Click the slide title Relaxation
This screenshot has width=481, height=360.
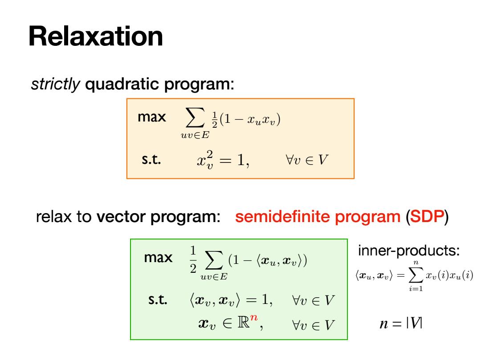tap(95, 36)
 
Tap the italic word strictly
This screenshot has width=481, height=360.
tap(55, 84)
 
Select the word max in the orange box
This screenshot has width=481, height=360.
tap(151, 117)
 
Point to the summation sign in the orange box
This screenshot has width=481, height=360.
tap(195, 117)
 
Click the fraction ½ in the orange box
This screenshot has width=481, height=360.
tap(214, 120)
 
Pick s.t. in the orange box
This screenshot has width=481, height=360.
tap(151, 160)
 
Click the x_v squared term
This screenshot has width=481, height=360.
tap(205, 160)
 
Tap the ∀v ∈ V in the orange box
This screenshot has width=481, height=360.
tap(307, 160)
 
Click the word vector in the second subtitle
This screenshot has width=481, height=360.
tap(121, 217)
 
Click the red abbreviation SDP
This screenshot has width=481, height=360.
tap(427, 217)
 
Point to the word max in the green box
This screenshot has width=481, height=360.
tap(158, 257)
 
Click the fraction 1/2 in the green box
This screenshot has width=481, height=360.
tap(193, 259)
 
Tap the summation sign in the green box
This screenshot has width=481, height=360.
tap(214, 260)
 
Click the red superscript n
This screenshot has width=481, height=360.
tap(254, 317)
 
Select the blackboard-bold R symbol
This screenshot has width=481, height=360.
tap(244, 322)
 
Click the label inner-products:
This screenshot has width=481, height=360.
tap(409, 251)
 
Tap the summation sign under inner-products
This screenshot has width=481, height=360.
tap(416, 275)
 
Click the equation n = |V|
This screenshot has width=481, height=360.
tap(401, 323)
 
